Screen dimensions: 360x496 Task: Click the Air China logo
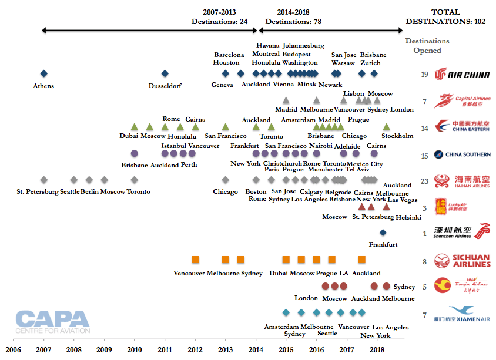click(x=462, y=75)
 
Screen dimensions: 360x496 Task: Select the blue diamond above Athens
click(x=43, y=73)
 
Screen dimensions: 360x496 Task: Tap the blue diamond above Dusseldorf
click(x=165, y=73)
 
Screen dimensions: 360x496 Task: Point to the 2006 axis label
click(x=13, y=349)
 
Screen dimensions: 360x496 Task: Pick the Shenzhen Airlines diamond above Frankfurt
click(x=383, y=233)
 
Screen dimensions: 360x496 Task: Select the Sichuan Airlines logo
click(x=462, y=261)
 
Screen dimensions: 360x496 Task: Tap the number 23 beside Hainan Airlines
click(x=424, y=181)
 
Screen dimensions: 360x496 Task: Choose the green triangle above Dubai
click(x=134, y=126)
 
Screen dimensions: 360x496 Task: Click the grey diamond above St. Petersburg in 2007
click(x=43, y=180)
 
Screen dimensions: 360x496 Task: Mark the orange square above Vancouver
click(x=195, y=260)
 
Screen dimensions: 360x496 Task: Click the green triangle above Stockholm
click(x=386, y=126)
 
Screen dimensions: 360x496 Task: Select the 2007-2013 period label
click(x=220, y=16)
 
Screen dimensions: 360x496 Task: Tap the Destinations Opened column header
click(x=427, y=46)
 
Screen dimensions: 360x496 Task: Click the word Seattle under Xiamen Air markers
click(x=327, y=333)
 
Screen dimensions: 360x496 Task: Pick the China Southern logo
click(x=462, y=154)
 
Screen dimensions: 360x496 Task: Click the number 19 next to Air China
click(x=424, y=75)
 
